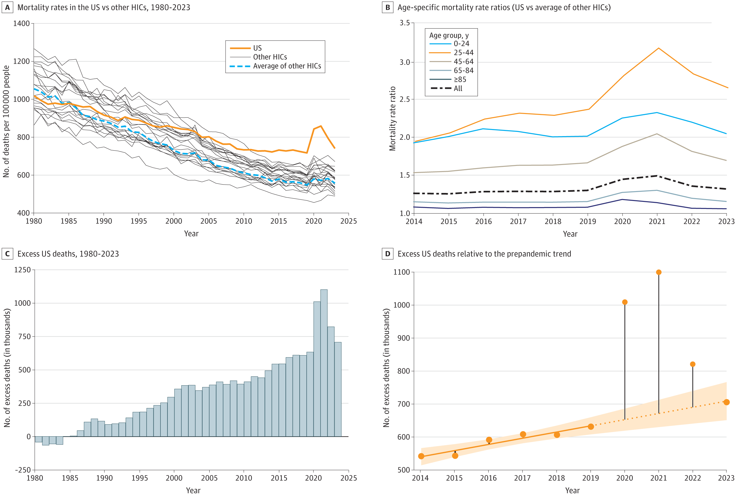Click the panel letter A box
7,7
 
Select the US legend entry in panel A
257,48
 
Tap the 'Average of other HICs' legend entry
287,66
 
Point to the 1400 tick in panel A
21,23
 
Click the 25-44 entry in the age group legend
463,53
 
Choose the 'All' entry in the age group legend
458,89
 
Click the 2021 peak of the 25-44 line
658,48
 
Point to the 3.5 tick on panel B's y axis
404,23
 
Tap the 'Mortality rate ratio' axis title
392,118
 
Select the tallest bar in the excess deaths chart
324,363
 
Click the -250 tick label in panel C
23,470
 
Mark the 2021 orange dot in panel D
659,272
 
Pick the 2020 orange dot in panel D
624,302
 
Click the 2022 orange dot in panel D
692,364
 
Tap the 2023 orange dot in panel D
726,402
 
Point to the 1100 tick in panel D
401,272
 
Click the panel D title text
484,254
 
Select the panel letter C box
7,254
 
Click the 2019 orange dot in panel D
590,426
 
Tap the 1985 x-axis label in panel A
69,221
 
